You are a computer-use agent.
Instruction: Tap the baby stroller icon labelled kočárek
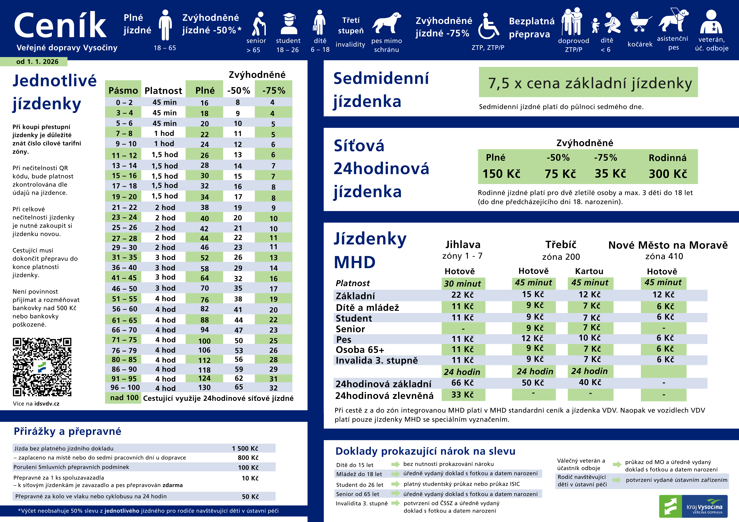640,22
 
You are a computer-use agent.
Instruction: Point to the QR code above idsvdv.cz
42,367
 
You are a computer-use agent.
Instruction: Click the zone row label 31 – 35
124,257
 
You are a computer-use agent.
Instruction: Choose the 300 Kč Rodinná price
668,174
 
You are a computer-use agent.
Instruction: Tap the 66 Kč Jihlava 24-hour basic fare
463,383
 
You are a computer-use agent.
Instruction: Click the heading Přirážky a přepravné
68,431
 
